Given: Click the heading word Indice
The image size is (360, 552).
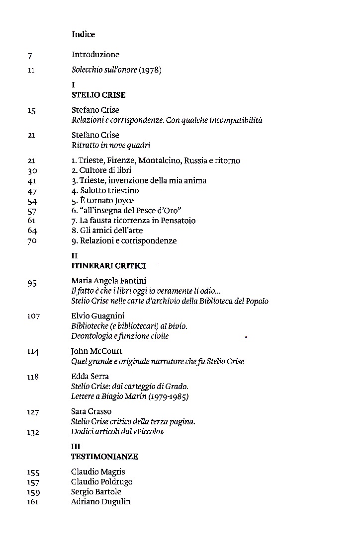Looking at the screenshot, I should [83, 34].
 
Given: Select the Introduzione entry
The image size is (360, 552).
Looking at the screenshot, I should [95, 54].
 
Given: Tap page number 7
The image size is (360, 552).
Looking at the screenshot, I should [30, 55].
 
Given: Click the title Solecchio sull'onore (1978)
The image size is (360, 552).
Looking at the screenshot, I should [117, 70].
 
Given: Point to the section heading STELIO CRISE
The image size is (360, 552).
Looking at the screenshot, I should [98, 94].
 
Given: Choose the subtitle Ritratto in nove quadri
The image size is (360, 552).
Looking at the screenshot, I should [110, 145].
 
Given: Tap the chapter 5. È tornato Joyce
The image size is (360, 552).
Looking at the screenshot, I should [102, 201].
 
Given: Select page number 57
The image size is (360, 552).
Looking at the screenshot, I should [32, 211].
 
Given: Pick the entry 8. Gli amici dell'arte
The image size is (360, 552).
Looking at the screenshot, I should [106, 231].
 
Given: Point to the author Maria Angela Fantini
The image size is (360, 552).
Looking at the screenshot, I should [109, 281].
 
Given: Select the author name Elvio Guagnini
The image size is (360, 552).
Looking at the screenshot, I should [98, 316].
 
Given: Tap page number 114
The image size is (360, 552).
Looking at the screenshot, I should [33, 351].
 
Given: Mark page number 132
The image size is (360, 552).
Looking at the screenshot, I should [33, 432].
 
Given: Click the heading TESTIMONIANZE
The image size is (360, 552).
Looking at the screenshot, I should [105, 456].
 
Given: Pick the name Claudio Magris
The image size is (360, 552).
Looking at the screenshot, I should [98, 472].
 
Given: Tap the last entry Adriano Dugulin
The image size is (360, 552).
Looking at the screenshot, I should [101, 502].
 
